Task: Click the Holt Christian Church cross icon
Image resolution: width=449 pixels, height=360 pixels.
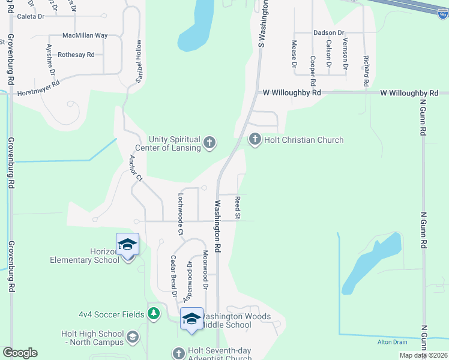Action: tap(255, 140)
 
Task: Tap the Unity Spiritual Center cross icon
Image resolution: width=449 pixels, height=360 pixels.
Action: tap(209, 142)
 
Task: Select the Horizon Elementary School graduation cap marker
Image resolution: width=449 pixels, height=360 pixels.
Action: tap(127, 244)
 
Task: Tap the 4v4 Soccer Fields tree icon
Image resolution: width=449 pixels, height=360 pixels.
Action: tap(154, 314)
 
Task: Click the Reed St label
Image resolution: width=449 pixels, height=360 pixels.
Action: tap(238, 206)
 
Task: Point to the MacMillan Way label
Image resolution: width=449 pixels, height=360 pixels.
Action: tap(85, 35)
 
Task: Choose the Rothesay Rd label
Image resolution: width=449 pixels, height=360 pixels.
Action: tap(76, 55)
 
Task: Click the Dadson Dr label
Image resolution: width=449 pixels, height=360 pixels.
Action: tap(328, 32)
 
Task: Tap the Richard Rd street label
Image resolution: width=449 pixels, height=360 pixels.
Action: tap(365, 71)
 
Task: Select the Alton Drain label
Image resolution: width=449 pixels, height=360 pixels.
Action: tap(392, 342)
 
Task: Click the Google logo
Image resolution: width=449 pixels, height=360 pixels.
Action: tap(20, 353)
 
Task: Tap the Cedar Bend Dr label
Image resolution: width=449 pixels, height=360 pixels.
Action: tap(173, 277)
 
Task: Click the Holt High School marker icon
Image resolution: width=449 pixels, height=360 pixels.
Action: tap(133, 338)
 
